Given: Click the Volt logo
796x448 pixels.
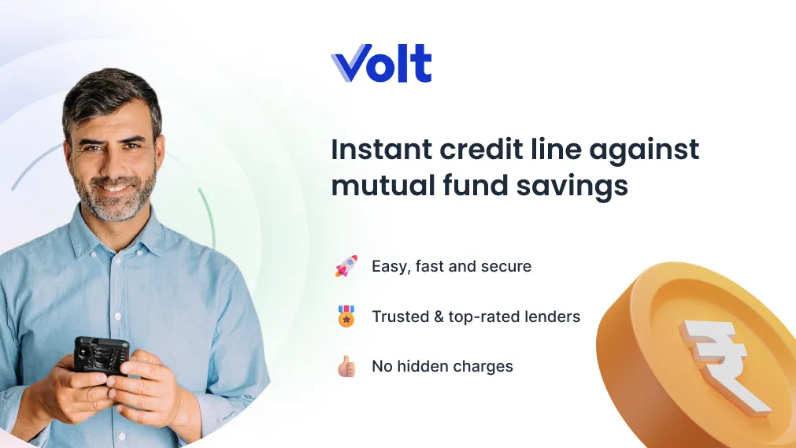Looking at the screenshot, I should [381, 64].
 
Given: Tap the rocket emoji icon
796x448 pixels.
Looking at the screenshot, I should [346, 266].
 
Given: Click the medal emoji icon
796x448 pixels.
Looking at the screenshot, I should [346, 317].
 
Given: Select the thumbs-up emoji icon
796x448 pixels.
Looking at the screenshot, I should [346, 366].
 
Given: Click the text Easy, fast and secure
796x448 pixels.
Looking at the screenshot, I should [451, 267].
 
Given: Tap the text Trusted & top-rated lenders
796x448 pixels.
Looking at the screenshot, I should [476, 317].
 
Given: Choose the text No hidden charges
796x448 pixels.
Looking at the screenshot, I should [442, 366].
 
